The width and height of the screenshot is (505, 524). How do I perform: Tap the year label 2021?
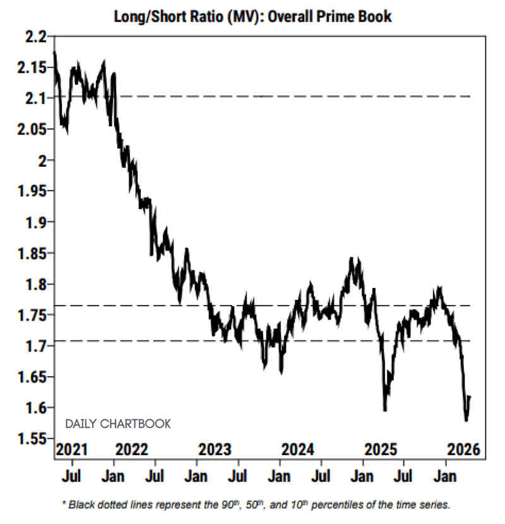(70, 450)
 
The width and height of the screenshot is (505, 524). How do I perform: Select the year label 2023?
(216, 450)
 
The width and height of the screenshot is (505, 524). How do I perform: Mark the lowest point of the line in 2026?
(466, 420)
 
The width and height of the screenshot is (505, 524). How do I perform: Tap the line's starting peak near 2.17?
(55, 53)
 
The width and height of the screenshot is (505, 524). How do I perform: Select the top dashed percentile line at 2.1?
(284, 96)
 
